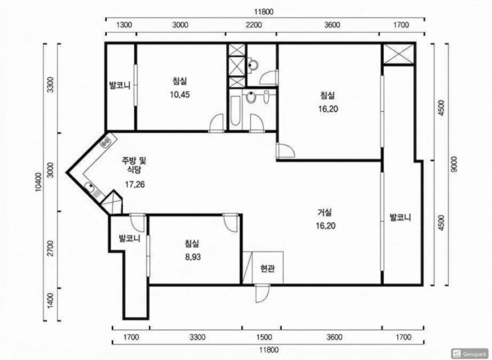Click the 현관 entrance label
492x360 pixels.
tap(268, 269)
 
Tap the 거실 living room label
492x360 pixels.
tap(325, 212)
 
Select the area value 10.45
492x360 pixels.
tap(180, 95)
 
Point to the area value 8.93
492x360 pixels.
tap(192, 257)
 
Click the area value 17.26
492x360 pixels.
tap(135, 184)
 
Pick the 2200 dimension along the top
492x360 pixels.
tap(253, 25)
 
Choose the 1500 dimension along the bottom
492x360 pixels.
tap(264, 337)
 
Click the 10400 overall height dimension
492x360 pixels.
tap(39, 182)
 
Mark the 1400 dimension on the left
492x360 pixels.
tap(50, 300)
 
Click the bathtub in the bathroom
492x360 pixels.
tap(236, 111)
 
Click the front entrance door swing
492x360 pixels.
tap(262, 293)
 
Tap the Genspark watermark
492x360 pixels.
tap(470, 353)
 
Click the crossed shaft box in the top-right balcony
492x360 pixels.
tap(399, 54)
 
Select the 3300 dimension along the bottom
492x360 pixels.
tap(197, 337)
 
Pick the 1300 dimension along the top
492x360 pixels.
tap(124, 25)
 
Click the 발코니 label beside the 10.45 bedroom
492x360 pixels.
tap(119, 85)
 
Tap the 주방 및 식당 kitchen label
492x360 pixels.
tap(134, 166)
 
